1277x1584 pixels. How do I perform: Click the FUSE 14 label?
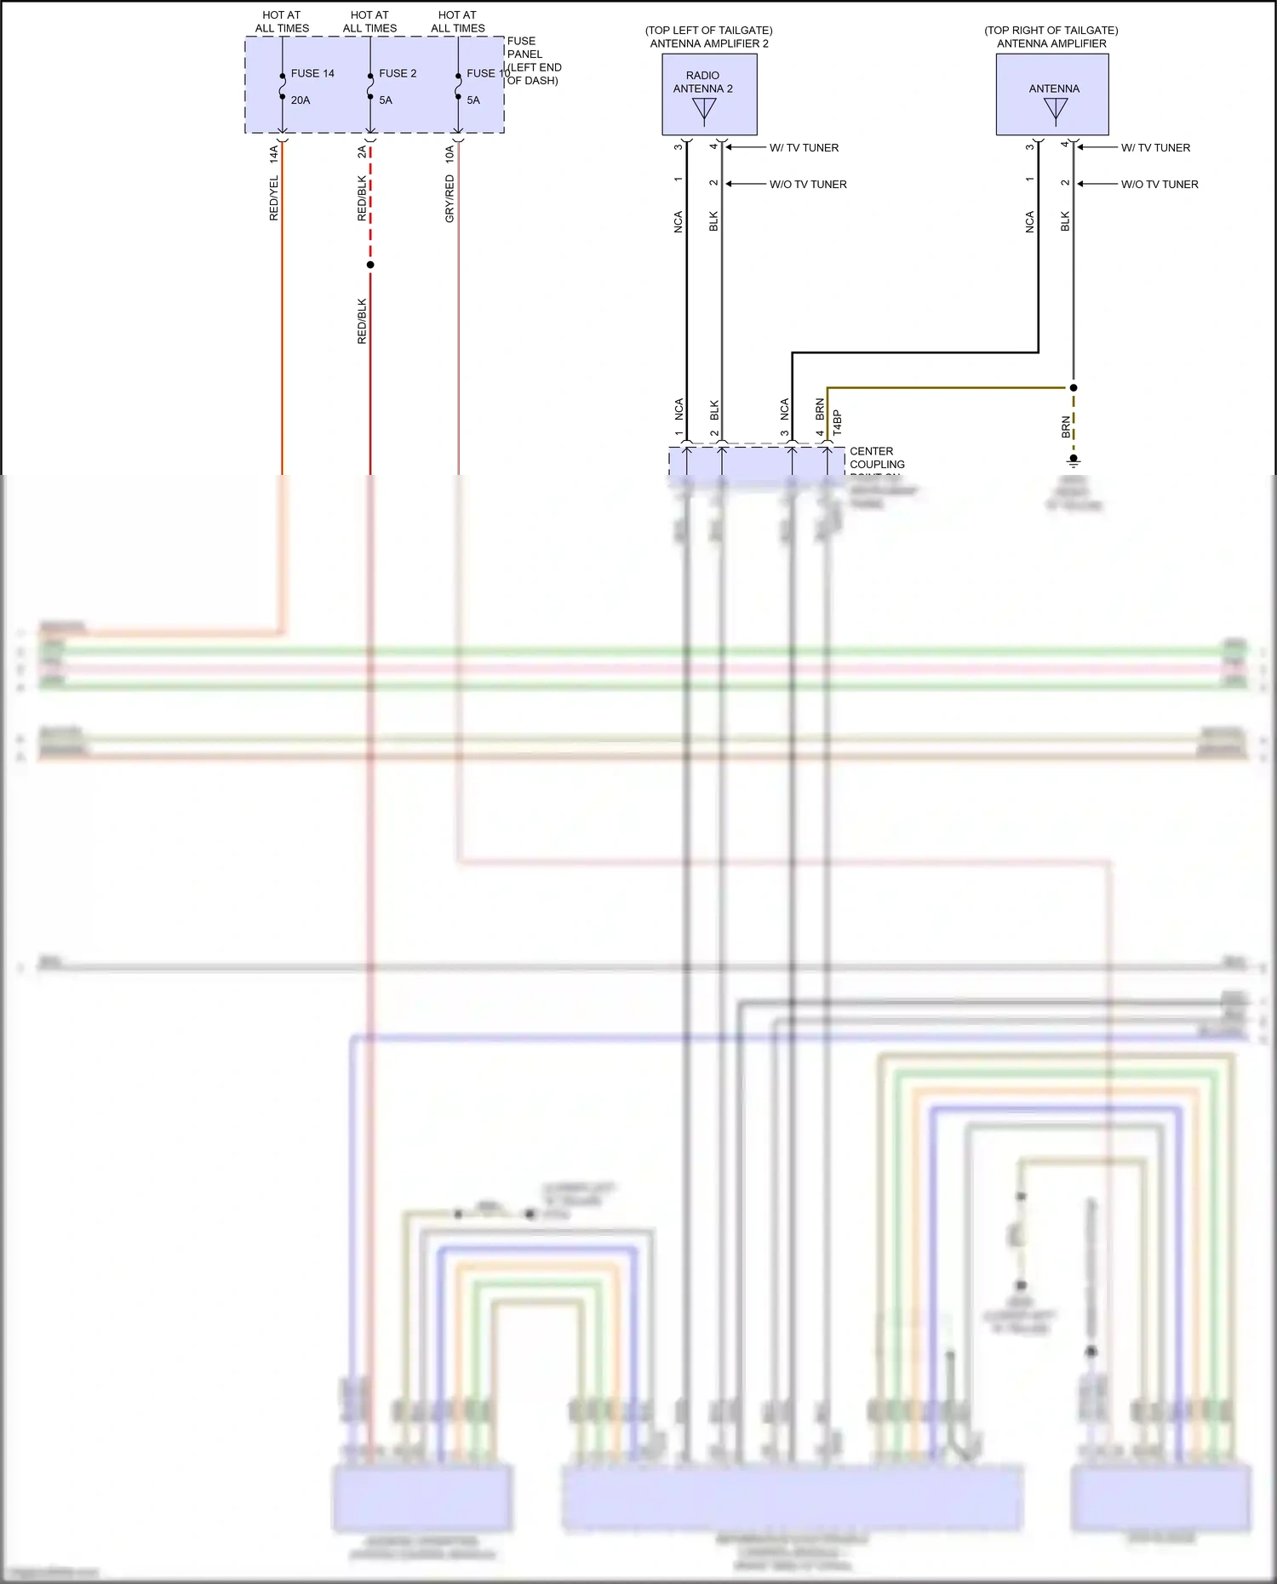tap(312, 73)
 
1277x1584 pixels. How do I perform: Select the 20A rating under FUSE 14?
tap(301, 100)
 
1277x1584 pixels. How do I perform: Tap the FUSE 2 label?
tap(398, 73)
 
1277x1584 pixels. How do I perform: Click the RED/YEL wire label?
tap(274, 198)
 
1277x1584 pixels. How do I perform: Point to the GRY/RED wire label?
tap(450, 198)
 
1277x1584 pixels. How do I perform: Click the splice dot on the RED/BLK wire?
tap(370, 265)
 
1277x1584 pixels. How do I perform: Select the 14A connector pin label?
tap(274, 153)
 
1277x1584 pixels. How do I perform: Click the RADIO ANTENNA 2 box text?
tap(703, 82)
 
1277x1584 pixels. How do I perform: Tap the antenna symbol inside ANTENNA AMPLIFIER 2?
tap(705, 110)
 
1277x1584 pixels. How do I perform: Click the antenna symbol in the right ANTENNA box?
tap(1056, 110)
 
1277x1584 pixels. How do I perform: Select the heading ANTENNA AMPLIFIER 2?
tap(709, 43)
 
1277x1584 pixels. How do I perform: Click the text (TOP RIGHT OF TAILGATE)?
tap(1051, 30)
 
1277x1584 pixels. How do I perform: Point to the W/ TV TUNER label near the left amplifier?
tap(804, 148)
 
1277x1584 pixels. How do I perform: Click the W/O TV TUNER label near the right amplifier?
tap(1160, 184)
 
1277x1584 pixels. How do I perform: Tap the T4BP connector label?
tap(837, 423)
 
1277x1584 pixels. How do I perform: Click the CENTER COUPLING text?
tap(877, 458)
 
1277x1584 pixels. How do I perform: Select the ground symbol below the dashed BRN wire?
tap(1074, 460)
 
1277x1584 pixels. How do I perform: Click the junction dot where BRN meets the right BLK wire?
tap(1074, 387)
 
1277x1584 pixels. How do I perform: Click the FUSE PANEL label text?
tap(524, 48)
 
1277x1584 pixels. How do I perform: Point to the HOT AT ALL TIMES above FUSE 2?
tap(369, 21)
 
